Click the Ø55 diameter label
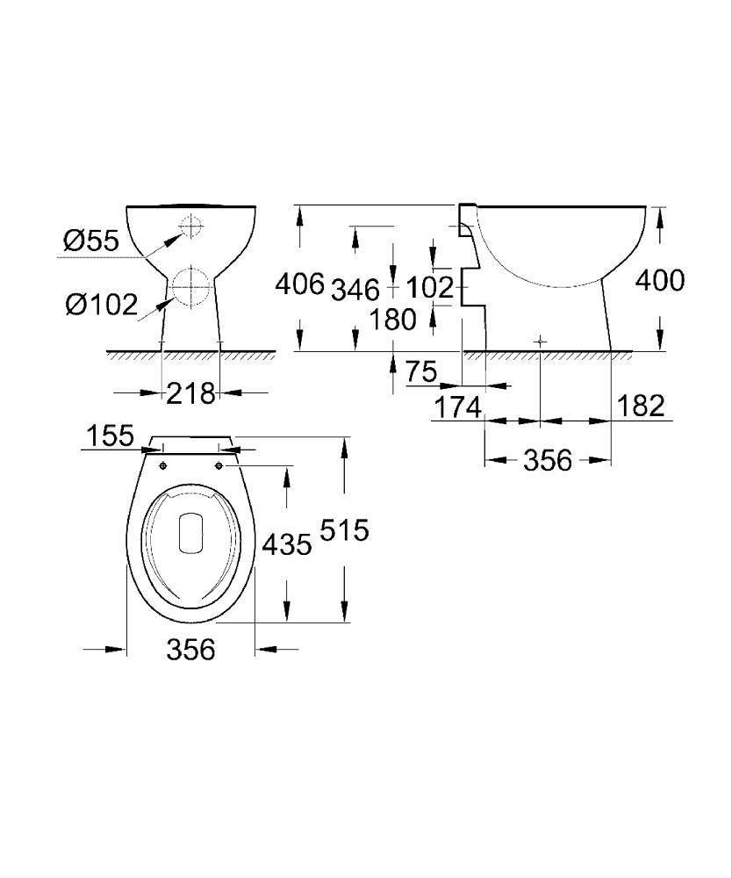click(x=91, y=241)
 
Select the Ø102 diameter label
click(x=101, y=306)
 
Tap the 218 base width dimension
click(x=190, y=393)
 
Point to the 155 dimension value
click(x=111, y=435)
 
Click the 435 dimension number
click(x=287, y=544)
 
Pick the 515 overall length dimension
click(x=344, y=529)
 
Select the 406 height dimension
click(x=299, y=284)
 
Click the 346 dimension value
click(x=355, y=290)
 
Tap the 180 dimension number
click(x=393, y=320)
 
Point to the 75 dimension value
click(x=420, y=371)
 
